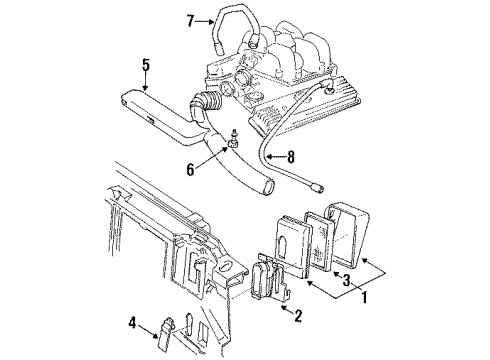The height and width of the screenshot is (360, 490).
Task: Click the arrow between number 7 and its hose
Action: coord(205,20)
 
